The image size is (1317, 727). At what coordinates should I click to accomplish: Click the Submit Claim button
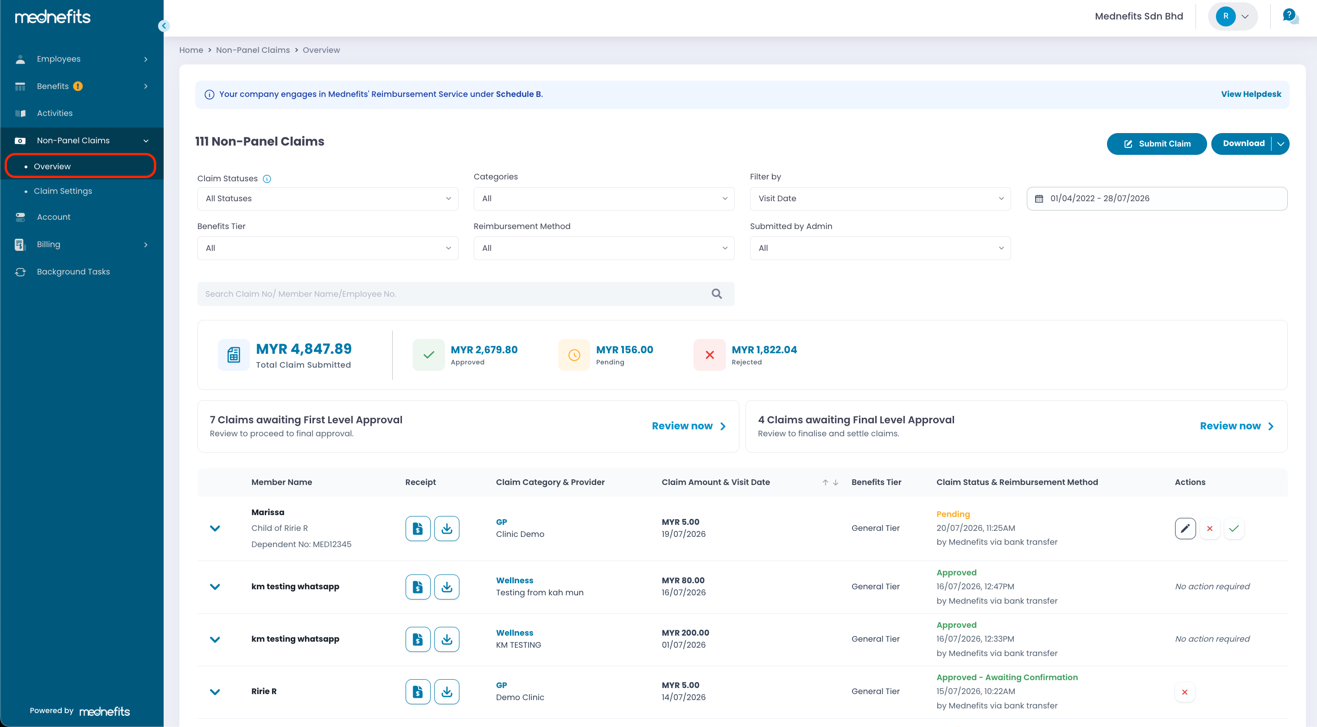pos(1157,144)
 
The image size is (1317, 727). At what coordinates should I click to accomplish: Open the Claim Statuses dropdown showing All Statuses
pos(328,198)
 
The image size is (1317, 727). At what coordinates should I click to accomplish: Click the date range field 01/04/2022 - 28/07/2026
pos(1157,198)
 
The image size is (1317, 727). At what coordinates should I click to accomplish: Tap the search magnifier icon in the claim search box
pos(717,294)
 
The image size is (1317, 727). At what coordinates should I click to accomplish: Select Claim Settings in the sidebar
pos(63,191)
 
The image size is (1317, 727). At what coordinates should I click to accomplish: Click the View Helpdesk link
pos(1251,94)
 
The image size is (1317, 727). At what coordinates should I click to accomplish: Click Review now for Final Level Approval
pos(1237,426)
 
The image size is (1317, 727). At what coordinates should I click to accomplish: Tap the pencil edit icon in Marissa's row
pos(1185,528)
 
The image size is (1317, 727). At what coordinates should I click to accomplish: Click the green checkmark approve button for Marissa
pos(1234,528)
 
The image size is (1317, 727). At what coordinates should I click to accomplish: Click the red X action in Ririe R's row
pos(1184,692)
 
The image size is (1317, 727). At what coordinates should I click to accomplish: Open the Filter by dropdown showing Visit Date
pos(880,198)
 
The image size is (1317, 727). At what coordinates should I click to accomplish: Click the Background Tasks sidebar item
pos(73,272)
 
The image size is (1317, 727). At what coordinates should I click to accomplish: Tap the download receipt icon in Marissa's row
pos(446,528)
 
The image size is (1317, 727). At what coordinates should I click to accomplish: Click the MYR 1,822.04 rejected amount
pos(764,350)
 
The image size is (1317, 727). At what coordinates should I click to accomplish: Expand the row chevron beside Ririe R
pos(215,692)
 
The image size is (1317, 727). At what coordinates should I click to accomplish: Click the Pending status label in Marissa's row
pos(953,514)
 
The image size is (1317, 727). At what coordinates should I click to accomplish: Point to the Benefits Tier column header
pos(876,482)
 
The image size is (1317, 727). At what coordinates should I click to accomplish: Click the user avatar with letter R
pos(1226,16)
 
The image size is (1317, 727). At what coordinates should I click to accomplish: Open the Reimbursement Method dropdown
pos(604,248)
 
